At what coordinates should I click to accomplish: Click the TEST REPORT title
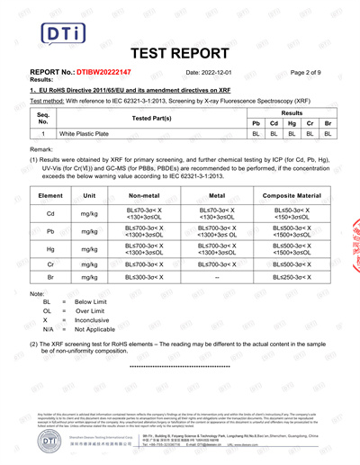pos(179,53)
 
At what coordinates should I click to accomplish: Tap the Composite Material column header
pos(291,195)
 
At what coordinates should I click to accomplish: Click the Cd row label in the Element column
pos(51,213)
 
